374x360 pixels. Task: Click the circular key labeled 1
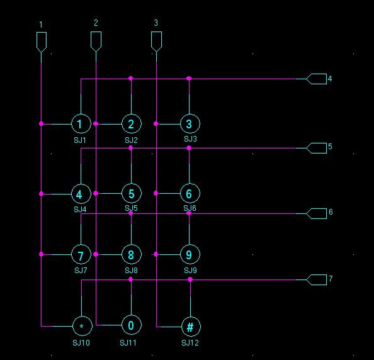(81, 124)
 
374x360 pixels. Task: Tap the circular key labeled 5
(132, 193)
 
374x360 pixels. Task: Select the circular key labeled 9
(190, 255)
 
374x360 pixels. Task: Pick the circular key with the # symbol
(191, 327)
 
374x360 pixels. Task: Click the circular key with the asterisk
(82, 326)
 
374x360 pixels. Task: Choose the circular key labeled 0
(132, 325)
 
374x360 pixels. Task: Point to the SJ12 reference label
(190, 343)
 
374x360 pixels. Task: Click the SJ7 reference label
(81, 271)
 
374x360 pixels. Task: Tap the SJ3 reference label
(190, 138)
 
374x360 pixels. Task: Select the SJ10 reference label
(81, 343)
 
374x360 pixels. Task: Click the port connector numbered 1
(42, 42)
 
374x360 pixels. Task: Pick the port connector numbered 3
(157, 42)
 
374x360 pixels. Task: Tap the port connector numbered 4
(316, 79)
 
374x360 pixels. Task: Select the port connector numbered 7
(316, 279)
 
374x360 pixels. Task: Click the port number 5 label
(330, 147)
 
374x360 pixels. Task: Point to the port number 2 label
(96, 23)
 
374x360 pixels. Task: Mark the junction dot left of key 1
(42, 124)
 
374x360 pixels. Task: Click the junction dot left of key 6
(156, 193)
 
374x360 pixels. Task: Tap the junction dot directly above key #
(190, 279)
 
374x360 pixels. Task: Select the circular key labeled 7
(81, 255)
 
